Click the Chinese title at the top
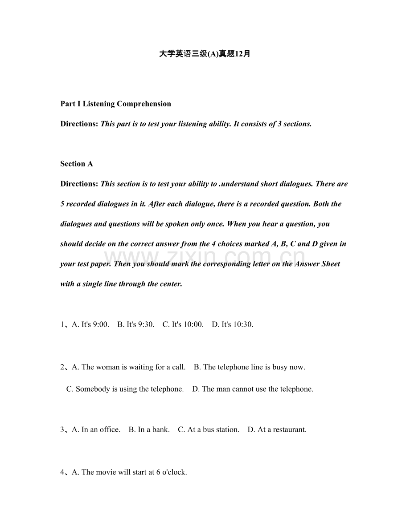[205, 54]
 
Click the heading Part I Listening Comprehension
[115, 104]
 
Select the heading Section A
[76, 164]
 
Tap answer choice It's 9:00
[90, 324]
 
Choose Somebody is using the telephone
[125, 389]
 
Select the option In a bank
[149, 429]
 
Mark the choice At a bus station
[209, 429]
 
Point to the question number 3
[62, 429]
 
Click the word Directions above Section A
[79, 124]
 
